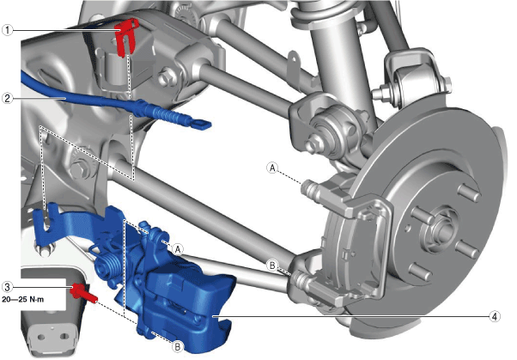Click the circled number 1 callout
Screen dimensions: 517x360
[x=7, y=30]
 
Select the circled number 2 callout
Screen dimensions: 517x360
[x=7, y=98]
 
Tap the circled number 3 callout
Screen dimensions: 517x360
[x=7, y=287]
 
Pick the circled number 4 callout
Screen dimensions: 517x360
[x=494, y=317]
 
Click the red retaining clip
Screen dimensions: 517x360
[x=125, y=37]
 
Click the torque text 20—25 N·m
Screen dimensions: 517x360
[x=22, y=300]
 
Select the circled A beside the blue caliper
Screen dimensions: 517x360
[x=178, y=249]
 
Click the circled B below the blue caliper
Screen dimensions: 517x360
[x=178, y=347]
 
